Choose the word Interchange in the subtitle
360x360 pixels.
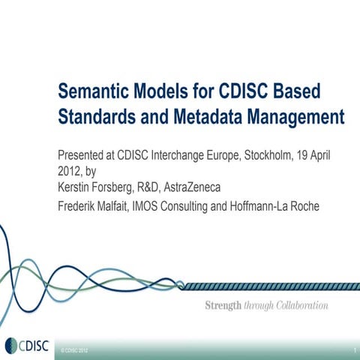[x=183, y=155]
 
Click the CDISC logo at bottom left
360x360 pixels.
[x=24, y=346]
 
